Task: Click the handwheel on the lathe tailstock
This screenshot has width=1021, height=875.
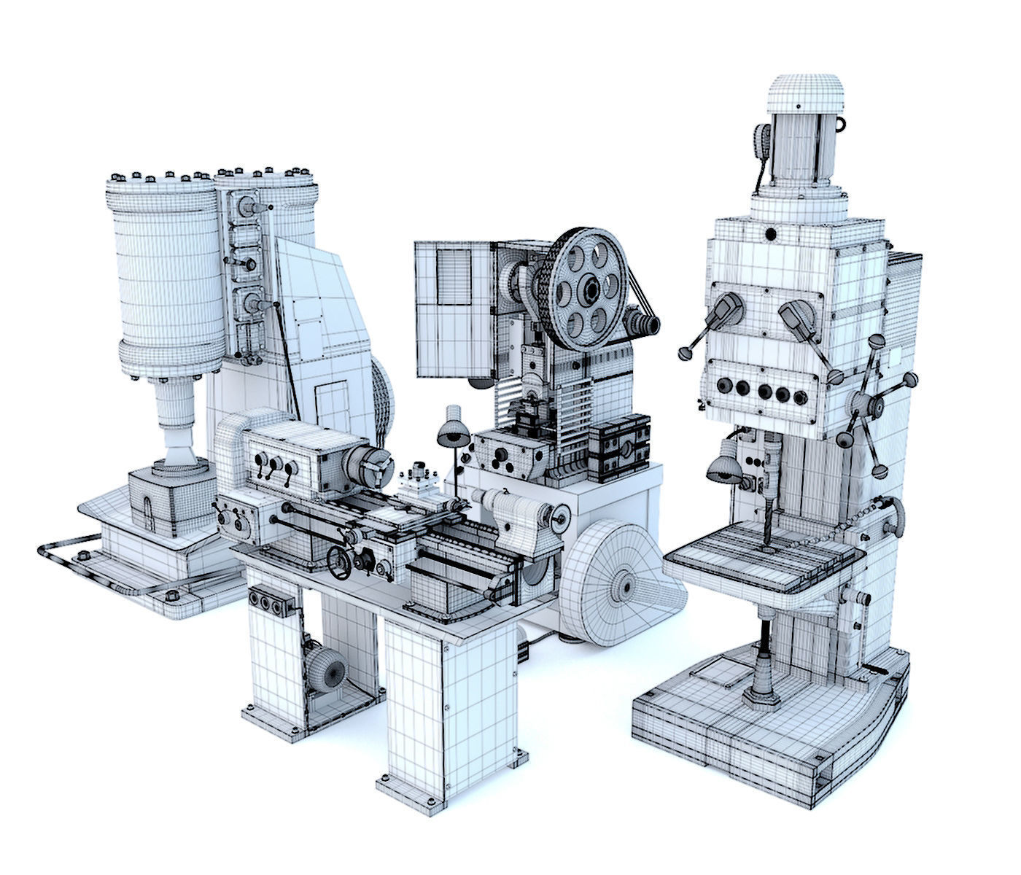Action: point(560,518)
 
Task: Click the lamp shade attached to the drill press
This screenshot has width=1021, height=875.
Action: point(722,467)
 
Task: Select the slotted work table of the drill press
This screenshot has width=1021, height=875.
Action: point(762,562)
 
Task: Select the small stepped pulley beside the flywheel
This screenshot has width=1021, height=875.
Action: point(643,320)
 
